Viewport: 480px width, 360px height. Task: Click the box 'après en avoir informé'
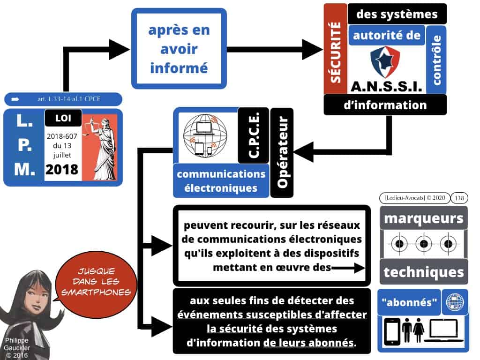point(179,49)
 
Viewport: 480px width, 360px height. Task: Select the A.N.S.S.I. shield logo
point(385,62)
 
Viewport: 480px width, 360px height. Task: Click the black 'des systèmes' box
point(397,14)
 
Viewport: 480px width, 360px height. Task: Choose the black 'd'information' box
point(385,105)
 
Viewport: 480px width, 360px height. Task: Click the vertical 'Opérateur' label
point(282,152)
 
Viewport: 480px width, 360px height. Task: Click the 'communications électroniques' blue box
point(221,181)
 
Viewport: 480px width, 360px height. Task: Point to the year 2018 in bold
point(62,169)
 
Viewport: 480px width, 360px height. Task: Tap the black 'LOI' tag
point(63,119)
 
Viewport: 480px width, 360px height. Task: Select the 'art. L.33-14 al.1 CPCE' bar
point(63,99)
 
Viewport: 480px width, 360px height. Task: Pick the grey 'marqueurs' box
point(423,218)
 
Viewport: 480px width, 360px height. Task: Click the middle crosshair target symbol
point(424,244)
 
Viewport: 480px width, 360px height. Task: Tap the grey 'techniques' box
point(423,272)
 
